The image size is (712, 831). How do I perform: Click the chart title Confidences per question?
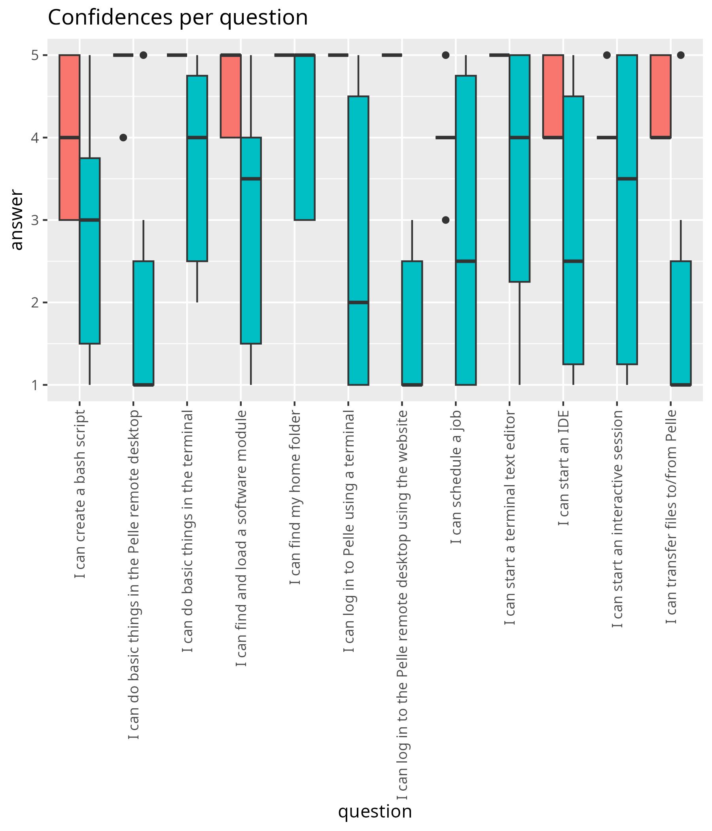click(x=178, y=18)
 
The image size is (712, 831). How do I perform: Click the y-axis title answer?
click(x=17, y=220)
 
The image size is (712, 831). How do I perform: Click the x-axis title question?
click(x=375, y=811)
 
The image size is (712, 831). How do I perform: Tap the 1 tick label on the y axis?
click(x=35, y=385)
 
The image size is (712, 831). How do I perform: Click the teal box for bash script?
click(x=90, y=250)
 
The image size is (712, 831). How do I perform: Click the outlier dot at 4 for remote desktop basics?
click(x=123, y=138)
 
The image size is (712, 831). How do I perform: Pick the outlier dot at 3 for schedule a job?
click(x=445, y=220)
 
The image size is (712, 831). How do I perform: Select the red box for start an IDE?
click(x=553, y=96)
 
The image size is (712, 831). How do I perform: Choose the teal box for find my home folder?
click(x=305, y=138)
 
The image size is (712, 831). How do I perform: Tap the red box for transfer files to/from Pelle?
click(x=660, y=96)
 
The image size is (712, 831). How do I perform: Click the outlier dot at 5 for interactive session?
click(x=606, y=55)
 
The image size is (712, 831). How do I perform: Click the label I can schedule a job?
click(x=456, y=477)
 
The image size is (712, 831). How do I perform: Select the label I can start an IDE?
click(x=563, y=468)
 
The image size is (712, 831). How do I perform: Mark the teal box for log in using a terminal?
click(x=358, y=241)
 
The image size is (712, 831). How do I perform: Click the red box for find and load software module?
click(x=231, y=96)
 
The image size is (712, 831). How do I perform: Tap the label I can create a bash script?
click(x=80, y=494)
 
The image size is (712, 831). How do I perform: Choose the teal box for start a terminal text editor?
click(x=520, y=169)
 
